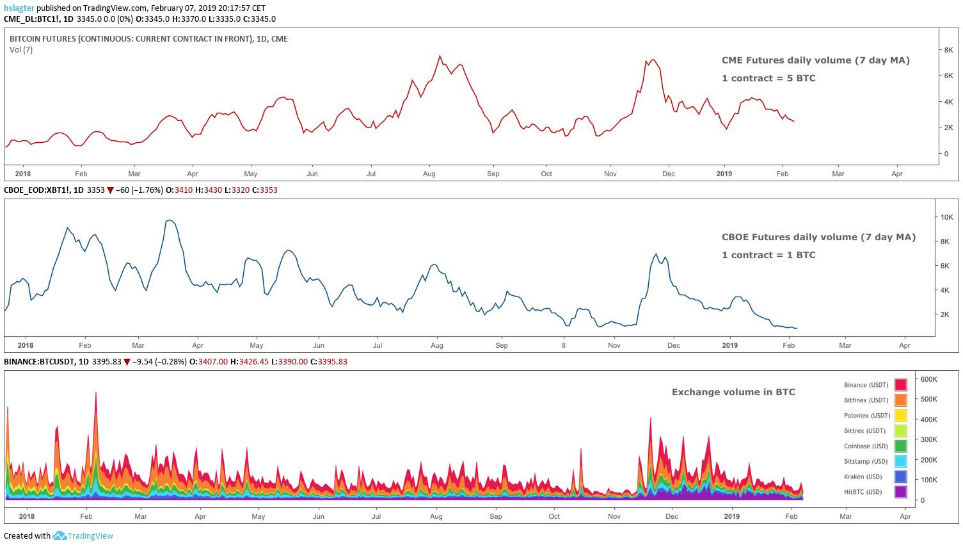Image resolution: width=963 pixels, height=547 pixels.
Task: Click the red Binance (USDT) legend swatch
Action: pos(900,385)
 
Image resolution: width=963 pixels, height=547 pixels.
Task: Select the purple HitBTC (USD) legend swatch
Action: pos(900,492)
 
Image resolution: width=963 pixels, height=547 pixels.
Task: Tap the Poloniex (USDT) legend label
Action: pos(866,416)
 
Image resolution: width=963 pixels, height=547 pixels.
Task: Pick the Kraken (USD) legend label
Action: pos(863,477)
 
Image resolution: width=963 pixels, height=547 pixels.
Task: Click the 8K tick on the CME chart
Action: pos(948,50)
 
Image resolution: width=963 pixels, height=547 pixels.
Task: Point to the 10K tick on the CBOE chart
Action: pos(946,217)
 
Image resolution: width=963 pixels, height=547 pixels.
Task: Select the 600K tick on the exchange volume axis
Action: pos(928,379)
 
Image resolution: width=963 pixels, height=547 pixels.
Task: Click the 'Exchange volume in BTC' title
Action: pos(733,392)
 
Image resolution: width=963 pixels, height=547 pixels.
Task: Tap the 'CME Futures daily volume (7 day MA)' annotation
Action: pos(815,60)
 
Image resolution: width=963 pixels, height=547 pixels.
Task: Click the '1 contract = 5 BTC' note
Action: pos(768,78)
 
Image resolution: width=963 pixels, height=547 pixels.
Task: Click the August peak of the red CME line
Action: pos(440,56)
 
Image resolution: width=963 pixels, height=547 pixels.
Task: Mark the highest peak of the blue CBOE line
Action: pos(169,220)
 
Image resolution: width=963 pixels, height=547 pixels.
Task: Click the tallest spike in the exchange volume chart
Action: pos(96,393)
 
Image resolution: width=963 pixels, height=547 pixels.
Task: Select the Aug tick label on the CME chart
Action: pos(429,174)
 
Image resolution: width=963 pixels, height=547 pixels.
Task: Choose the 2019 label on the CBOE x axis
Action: pos(729,345)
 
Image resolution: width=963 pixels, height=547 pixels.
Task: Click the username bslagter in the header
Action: pos(19,8)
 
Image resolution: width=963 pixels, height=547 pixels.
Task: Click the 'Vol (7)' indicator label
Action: pos(21,50)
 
